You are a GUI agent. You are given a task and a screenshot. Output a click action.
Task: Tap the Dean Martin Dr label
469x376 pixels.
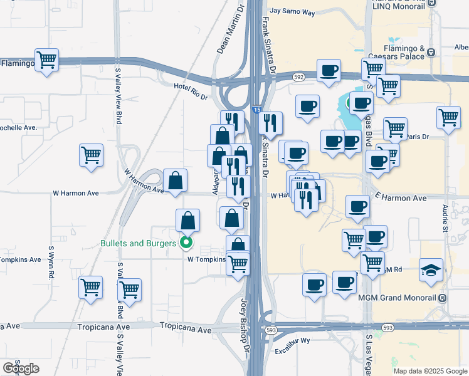pos(229,30)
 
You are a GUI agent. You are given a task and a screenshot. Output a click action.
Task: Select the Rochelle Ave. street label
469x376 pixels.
pos(19,127)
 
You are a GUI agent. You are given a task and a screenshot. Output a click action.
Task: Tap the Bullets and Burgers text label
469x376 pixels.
pos(138,243)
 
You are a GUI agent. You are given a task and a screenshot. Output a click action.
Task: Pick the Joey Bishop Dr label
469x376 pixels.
pos(246,317)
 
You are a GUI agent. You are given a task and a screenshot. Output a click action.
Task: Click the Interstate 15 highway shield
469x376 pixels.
pos(257,110)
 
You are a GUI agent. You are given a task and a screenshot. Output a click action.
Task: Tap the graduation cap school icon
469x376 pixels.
pos(431,269)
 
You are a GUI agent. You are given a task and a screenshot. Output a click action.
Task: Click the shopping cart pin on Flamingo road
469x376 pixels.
pos(46,60)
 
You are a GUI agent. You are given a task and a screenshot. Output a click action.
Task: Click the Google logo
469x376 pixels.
pos(21,368)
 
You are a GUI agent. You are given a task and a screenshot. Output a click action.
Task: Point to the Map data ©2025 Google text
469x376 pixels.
pos(430,371)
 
